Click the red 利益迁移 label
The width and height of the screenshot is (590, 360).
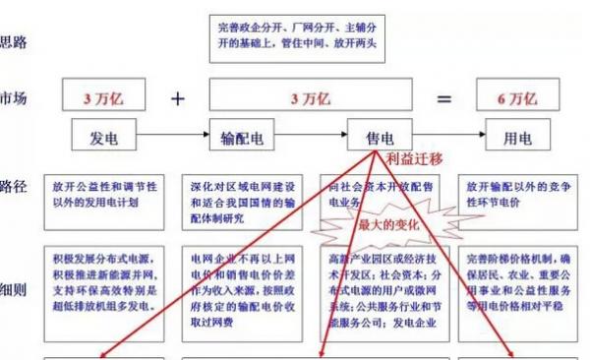pyautogui.click(x=414, y=158)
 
